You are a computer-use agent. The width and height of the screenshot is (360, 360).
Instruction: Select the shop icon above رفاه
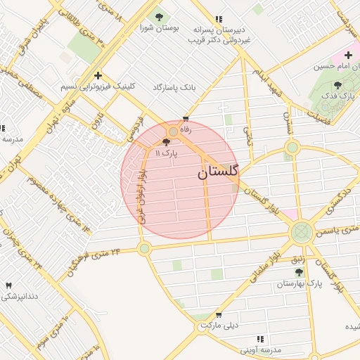click(x=186, y=120)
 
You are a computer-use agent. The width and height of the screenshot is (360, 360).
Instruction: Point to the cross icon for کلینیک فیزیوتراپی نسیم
click(x=98, y=75)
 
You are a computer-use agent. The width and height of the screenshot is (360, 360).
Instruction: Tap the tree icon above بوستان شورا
click(x=159, y=16)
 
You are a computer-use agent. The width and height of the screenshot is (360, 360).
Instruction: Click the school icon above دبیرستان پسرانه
click(x=219, y=19)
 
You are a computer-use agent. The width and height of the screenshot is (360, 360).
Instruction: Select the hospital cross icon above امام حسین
click(x=348, y=54)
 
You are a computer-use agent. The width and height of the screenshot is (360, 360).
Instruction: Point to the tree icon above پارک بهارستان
click(x=299, y=271)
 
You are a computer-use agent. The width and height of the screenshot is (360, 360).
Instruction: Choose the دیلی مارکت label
click(x=219, y=326)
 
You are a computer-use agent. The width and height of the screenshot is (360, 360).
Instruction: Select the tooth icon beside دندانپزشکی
click(x=8, y=285)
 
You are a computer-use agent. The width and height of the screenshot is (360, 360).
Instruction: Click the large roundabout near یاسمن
click(x=302, y=231)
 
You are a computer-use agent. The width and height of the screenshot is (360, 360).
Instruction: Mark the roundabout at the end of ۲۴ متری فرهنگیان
click(x=144, y=248)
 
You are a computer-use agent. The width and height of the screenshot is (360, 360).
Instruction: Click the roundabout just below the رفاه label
click(x=173, y=131)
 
